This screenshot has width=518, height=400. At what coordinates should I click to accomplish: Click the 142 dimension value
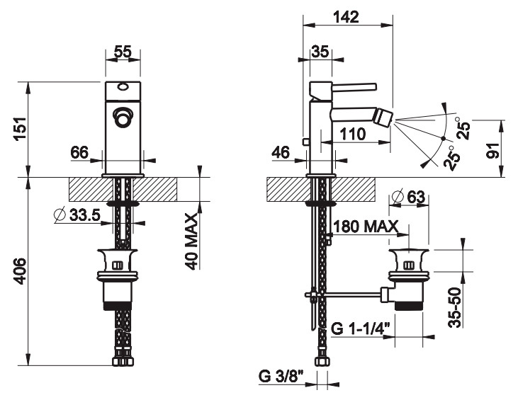346,16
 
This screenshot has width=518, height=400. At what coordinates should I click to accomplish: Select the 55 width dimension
123,52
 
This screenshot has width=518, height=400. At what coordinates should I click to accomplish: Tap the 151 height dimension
21,128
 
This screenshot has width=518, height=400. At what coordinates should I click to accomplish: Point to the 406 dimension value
21,271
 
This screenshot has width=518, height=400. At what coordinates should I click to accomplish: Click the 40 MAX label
191,241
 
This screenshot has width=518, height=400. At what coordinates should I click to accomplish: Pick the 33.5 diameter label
77,215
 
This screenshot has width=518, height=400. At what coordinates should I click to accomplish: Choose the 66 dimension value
79,153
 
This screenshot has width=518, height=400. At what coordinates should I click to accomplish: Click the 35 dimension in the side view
320,52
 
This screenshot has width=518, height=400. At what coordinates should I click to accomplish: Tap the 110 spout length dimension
353,134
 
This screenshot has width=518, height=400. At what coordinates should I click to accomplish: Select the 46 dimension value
281,152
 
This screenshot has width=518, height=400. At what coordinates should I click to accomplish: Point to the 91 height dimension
494,151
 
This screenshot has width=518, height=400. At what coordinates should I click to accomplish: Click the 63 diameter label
408,197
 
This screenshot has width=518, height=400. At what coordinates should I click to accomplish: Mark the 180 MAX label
366,227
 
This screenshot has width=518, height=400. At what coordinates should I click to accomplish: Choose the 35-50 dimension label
454,307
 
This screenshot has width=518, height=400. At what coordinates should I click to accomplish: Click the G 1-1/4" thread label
361,329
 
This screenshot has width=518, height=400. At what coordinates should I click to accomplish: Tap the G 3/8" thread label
281,377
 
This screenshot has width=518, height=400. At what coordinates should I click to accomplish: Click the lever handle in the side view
354,86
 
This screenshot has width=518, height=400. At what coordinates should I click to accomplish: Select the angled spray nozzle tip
385,117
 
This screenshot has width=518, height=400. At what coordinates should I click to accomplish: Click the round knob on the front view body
123,117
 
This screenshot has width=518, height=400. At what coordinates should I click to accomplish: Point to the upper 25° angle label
463,129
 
